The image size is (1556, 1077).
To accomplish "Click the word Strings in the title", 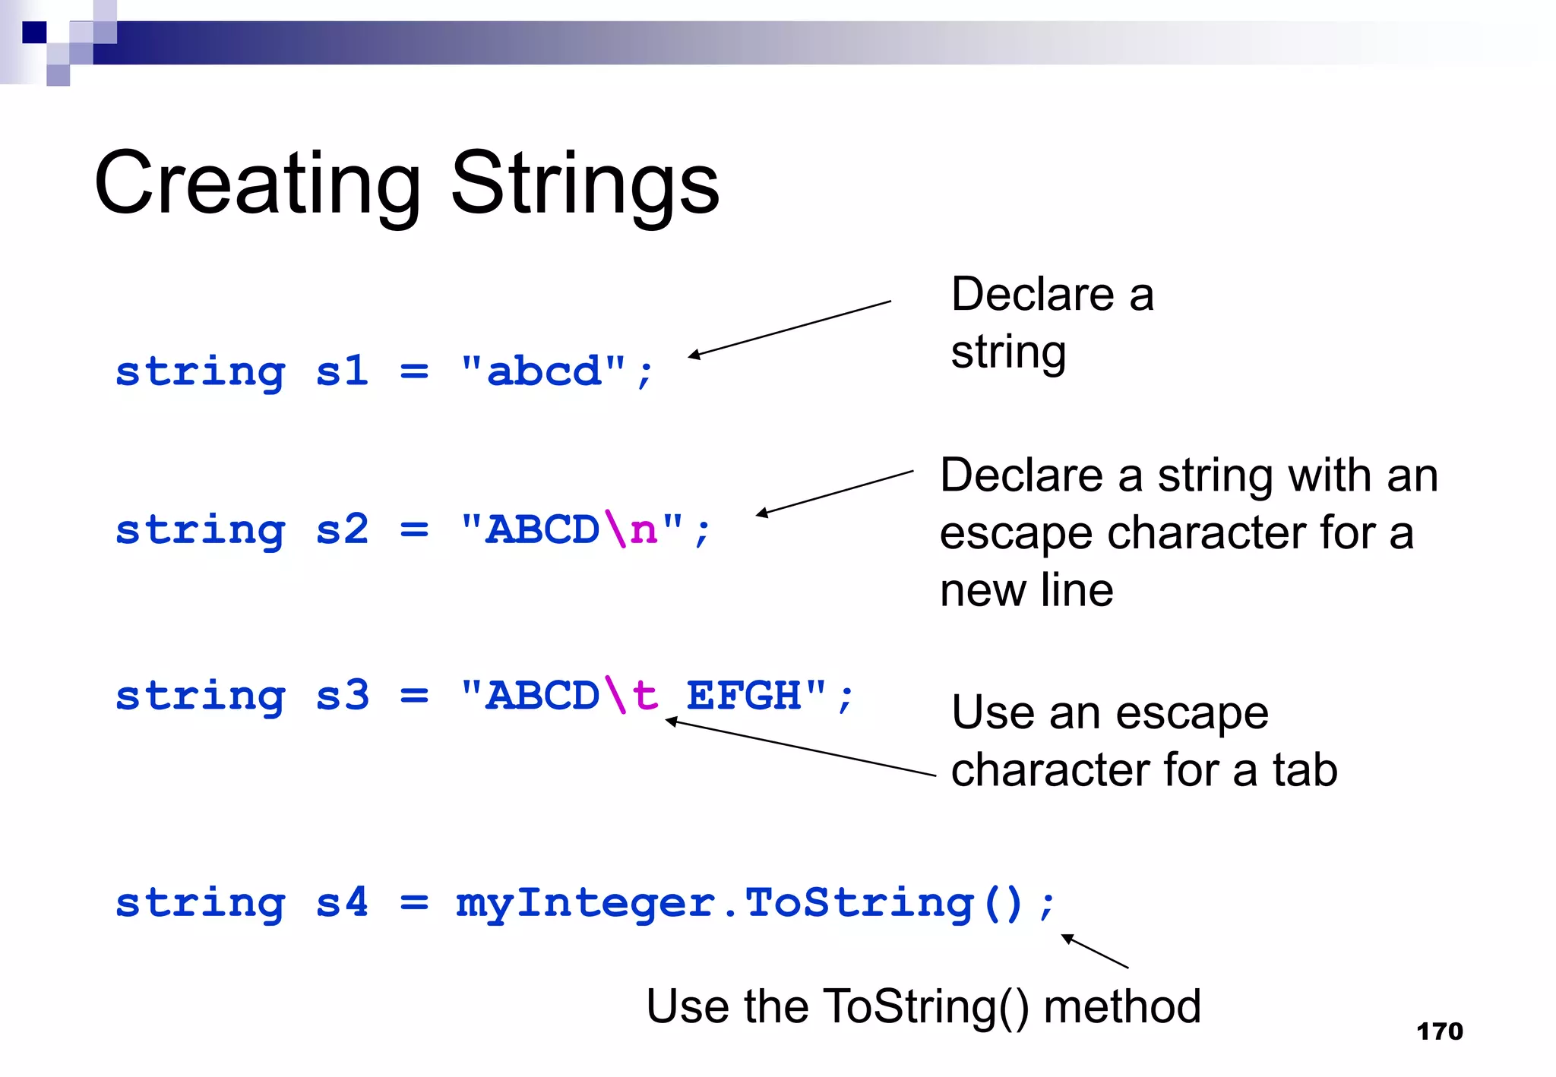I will coord(584,185).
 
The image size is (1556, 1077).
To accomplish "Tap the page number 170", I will coord(1439,1031).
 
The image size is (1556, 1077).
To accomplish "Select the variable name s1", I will coord(342,371).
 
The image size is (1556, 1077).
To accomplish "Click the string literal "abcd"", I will coord(543,371).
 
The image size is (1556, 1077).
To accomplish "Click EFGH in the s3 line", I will coord(744,695).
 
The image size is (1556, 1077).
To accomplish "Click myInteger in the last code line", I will coord(585,904).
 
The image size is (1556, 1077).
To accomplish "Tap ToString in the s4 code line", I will coord(859,904).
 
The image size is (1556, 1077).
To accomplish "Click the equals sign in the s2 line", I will coord(414,529).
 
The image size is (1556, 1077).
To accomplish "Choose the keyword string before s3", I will coord(201,696).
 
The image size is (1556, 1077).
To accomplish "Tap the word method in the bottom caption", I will coord(1122,1006).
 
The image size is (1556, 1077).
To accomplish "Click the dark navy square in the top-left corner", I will coord(34,33).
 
